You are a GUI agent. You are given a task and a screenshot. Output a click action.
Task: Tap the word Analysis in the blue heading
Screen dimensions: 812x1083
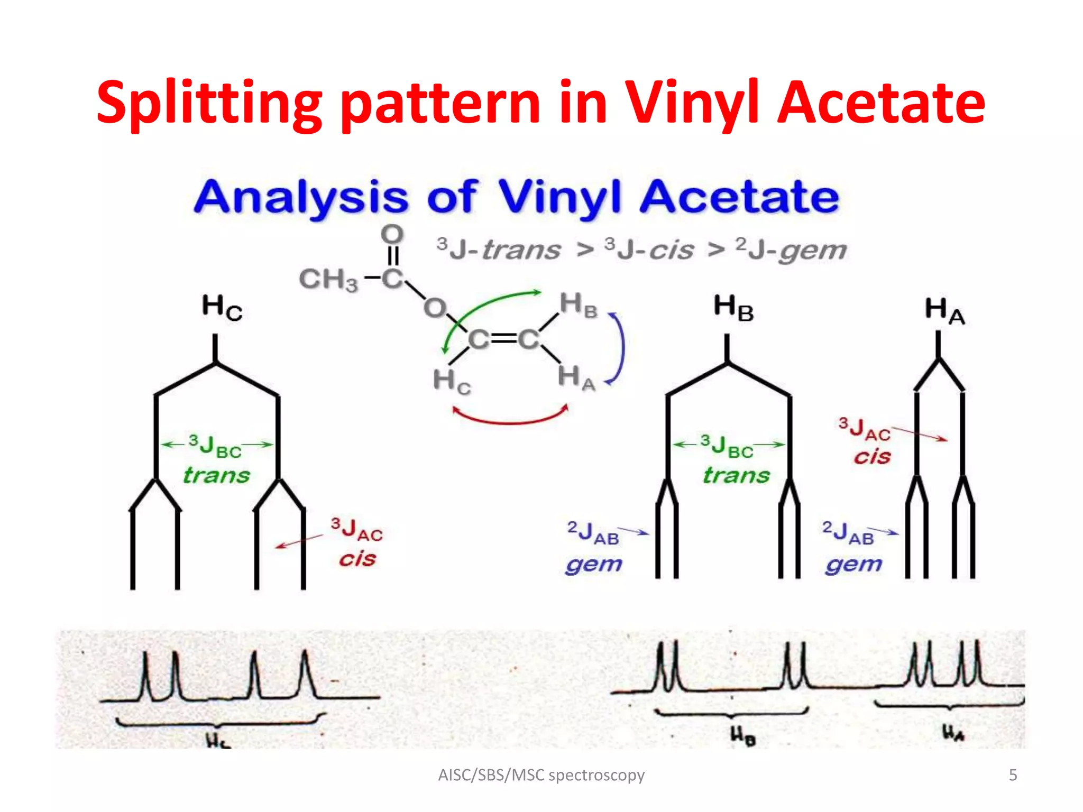tap(301, 197)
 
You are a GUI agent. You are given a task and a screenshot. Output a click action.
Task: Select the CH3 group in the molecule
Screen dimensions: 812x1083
tap(328, 279)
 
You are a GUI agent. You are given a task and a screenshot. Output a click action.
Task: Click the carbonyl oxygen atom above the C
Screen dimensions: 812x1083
tap(392, 234)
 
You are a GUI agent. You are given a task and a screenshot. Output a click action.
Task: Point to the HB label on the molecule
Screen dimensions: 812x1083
tap(578, 305)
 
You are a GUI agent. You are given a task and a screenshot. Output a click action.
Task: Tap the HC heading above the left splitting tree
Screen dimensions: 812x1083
tap(222, 307)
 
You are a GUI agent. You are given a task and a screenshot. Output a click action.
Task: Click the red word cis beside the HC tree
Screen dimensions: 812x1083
tap(357, 559)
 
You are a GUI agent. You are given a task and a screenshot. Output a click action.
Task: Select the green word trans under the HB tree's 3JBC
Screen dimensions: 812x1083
tap(736, 475)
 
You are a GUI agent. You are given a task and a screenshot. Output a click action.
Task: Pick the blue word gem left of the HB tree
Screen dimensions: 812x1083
tap(593, 565)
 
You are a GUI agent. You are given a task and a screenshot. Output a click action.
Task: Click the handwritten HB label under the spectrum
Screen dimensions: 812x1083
tap(742, 735)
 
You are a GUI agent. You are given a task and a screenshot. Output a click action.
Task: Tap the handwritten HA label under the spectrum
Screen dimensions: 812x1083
tap(953, 733)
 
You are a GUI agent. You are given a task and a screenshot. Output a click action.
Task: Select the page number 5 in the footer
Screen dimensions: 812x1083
tap(1013, 775)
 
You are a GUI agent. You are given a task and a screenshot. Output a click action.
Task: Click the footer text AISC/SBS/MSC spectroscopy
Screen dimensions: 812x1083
tap(541, 775)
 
